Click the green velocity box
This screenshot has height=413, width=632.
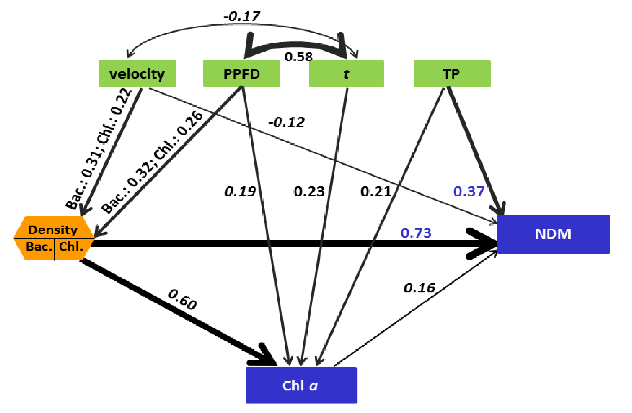137,73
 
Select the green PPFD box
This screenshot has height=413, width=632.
242,73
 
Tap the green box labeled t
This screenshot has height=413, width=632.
346,73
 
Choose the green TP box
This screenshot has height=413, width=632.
452,73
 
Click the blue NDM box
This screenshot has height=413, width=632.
553,234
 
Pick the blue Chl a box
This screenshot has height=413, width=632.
301,385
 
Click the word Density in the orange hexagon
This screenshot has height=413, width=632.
53,230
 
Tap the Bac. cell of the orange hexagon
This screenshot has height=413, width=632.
39,247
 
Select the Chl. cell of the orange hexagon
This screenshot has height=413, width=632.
71,247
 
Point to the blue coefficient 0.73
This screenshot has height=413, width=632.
416,233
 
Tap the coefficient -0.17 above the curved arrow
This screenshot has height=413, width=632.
242,16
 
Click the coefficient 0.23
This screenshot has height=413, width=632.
309,191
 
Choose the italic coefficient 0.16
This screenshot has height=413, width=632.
419,287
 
